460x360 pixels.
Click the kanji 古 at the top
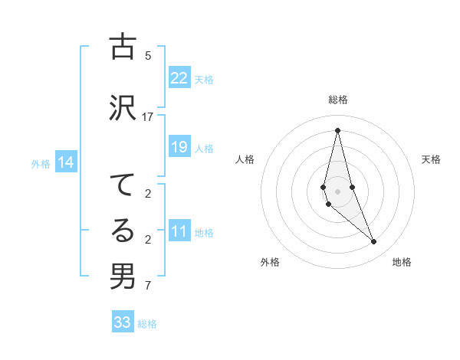pyautogui.click(x=123, y=47)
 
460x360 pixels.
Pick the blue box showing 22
pyautogui.click(x=179, y=78)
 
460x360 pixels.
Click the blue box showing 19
pyautogui.click(x=179, y=147)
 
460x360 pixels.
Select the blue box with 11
pyautogui.click(x=179, y=231)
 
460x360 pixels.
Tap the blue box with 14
pyautogui.click(x=65, y=162)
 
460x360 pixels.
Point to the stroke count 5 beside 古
pyautogui.click(x=148, y=56)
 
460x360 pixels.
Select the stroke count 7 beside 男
pyautogui.click(x=148, y=286)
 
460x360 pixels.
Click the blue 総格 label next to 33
pyautogui.click(x=147, y=324)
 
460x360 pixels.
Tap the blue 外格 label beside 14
pyautogui.click(x=41, y=163)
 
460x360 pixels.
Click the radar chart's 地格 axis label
pyautogui.click(x=402, y=262)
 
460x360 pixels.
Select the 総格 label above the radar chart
pyautogui.click(x=337, y=100)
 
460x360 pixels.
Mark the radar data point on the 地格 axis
pyautogui.click(x=374, y=242)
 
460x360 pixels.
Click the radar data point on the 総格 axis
pyautogui.click(x=337, y=130)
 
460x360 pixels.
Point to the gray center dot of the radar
pyautogui.click(x=337, y=191)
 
